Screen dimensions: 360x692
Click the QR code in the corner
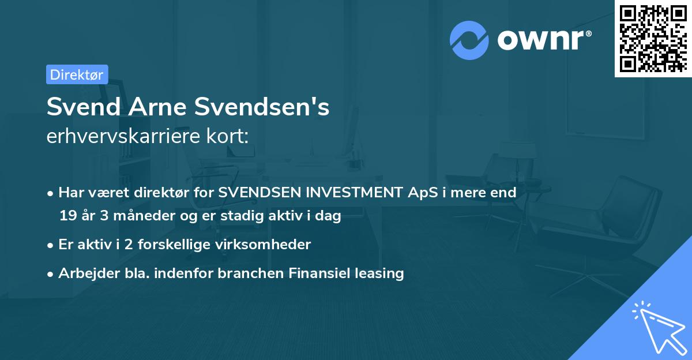(653, 39)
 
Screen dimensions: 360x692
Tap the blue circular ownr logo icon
(469, 40)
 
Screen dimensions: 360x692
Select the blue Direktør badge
(77, 74)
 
